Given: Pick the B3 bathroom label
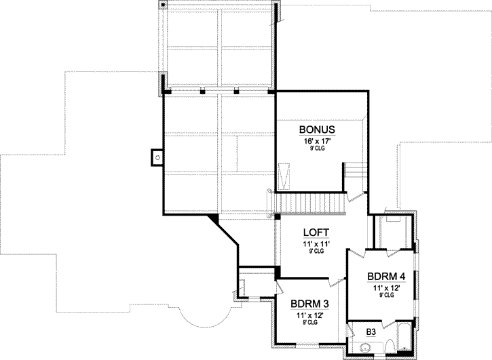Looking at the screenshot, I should click(x=371, y=332).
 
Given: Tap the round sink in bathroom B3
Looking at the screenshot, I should click(x=364, y=348).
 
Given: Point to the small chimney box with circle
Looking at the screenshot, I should click(x=157, y=157).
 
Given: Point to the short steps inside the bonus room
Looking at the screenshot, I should click(x=354, y=172).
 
